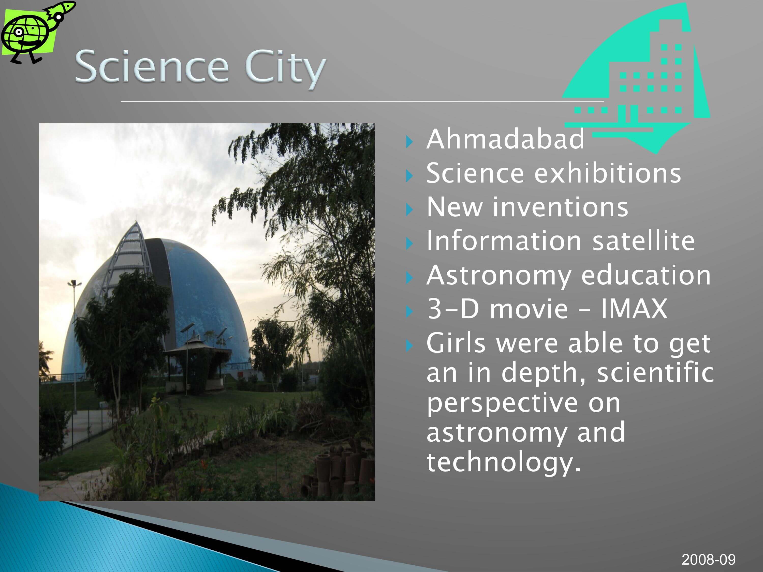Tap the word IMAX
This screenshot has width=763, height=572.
click(634, 309)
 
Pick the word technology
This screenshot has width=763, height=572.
click(504, 463)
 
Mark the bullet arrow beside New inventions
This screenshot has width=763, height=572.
click(409, 209)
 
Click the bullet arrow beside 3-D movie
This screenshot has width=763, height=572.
click(409, 311)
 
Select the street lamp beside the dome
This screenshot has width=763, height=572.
click(74, 345)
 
